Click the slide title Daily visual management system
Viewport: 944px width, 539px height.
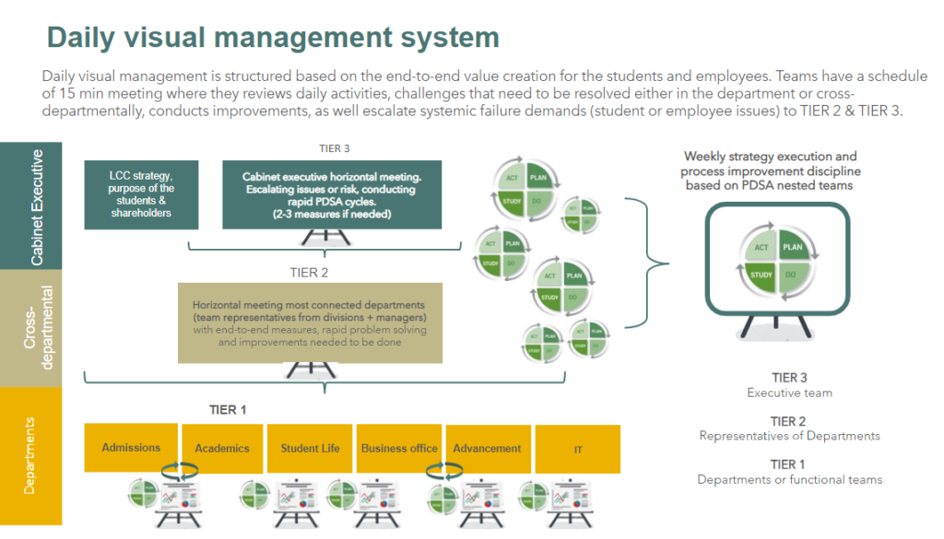(x=273, y=38)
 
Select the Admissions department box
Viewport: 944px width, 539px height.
(x=131, y=448)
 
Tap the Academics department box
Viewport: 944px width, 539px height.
(x=222, y=449)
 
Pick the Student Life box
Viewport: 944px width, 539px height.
(x=310, y=449)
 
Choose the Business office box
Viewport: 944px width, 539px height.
(x=399, y=449)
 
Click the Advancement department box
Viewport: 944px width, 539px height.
(x=487, y=449)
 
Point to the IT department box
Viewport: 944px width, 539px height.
(x=577, y=449)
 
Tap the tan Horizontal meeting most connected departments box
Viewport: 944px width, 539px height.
(x=310, y=322)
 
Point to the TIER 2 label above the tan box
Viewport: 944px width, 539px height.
(x=310, y=273)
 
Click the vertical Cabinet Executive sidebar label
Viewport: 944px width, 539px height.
(x=37, y=205)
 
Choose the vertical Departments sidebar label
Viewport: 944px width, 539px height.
(x=30, y=455)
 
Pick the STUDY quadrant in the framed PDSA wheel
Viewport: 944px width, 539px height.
(x=761, y=275)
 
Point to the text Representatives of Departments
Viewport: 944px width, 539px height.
(x=789, y=436)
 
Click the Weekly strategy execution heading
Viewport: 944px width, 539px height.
(x=770, y=170)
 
